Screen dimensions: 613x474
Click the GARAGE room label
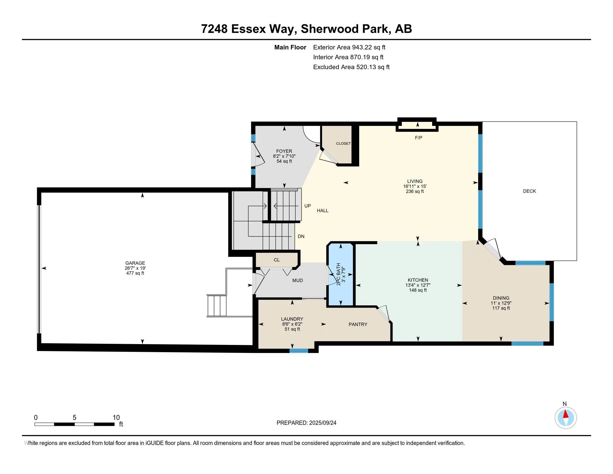[x=135, y=263]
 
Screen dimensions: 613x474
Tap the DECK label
[x=529, y=191]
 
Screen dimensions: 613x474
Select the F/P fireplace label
[x=419, y=137]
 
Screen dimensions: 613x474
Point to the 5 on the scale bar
[x=74, y=418]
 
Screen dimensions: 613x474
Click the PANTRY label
[x=358, y=324]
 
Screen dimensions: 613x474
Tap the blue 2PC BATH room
[x=341, y=275]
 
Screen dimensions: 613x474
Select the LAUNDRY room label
[x=292, y=319]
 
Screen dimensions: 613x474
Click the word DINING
[x=501, y=298]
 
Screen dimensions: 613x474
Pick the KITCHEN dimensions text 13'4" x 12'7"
[x=418, y=285]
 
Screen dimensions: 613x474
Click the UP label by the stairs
[x=308, y=206]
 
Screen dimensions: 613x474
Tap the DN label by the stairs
[x=301, y=236]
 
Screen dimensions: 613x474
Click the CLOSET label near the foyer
[x=343, y=144]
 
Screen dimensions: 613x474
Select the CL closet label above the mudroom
[x=277, y=260]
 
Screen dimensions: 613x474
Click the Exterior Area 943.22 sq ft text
[x=349, y=47]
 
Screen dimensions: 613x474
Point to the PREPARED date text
[x=306, y=423]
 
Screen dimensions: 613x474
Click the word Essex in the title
[x=248, y=29]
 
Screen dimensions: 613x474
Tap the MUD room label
[x=298, y=280]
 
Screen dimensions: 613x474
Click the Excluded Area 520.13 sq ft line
[x=351, y=67]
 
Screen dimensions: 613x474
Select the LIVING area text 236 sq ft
[x=415, y=192]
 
